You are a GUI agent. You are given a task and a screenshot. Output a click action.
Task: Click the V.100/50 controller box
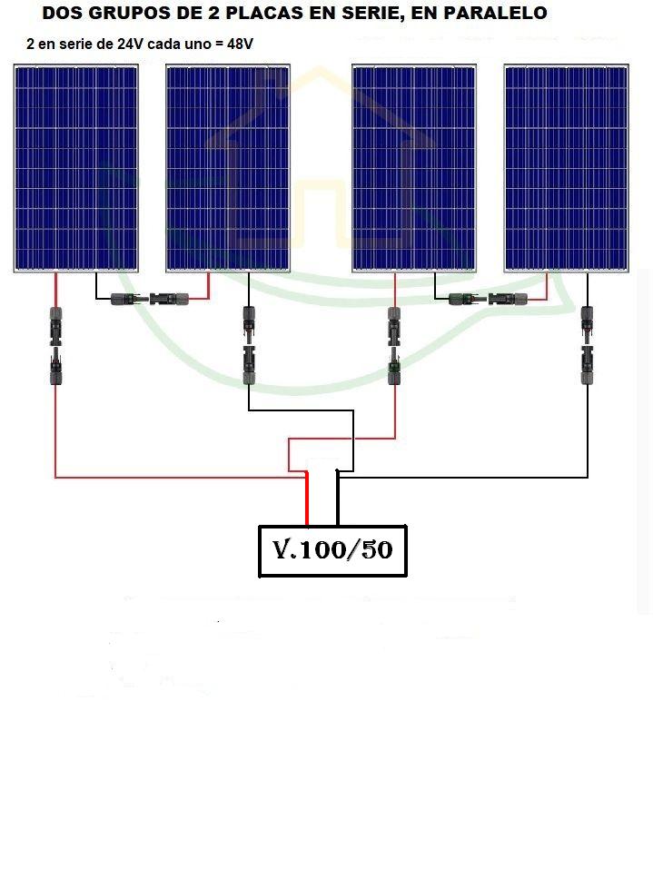coord(332,551)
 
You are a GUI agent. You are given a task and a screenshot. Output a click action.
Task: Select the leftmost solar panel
coord(76,168)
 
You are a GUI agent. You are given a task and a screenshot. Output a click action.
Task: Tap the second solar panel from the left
coord(228,168)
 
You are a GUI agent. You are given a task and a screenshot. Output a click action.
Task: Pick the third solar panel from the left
coord(414,168)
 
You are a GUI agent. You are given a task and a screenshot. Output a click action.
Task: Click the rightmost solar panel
coord(567,168)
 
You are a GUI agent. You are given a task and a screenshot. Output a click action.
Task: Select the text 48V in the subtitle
coord(240,44)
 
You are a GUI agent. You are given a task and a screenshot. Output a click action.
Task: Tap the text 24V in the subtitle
coord(131,44)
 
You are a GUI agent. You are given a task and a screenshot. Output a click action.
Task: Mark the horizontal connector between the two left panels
coord(150,298)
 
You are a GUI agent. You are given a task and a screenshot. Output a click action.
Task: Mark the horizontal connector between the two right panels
coord(488,298)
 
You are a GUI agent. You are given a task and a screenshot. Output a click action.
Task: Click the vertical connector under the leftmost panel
coord(55,346)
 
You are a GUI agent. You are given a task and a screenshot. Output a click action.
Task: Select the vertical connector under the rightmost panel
coord(588,345)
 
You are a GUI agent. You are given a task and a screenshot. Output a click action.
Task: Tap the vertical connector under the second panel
coord(249,345)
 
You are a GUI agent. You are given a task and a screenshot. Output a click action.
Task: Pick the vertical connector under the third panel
coord(394,346)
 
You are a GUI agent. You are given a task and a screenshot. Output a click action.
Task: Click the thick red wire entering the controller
coord(307,499)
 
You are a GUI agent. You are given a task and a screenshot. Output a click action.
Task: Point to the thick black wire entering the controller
coord(338,499)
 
